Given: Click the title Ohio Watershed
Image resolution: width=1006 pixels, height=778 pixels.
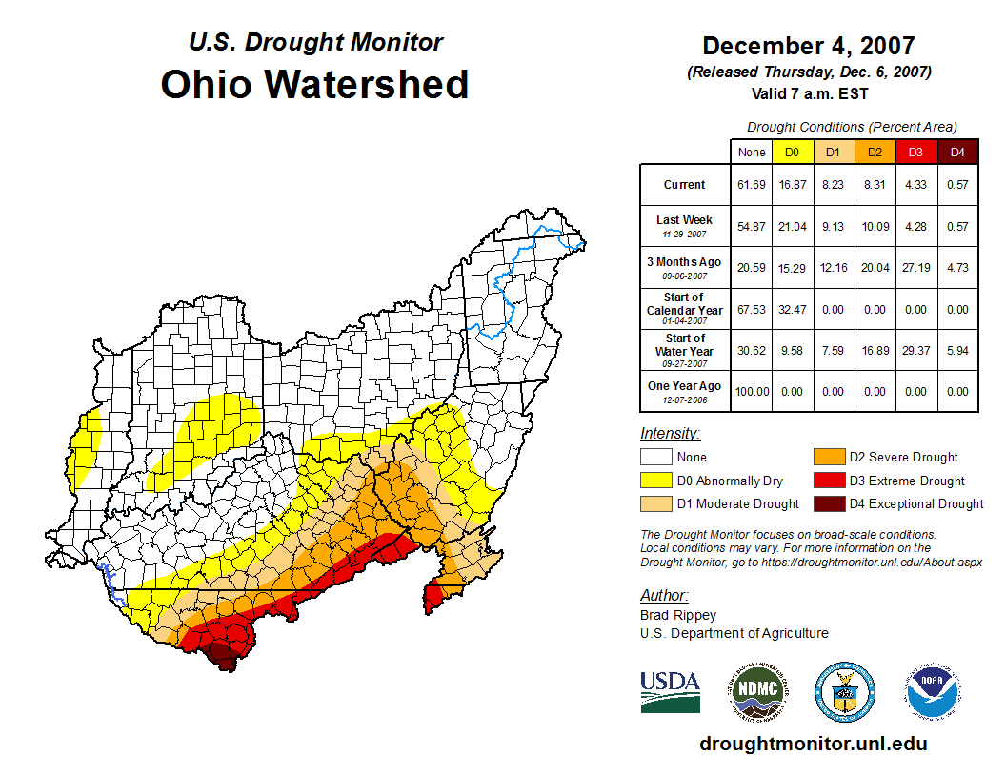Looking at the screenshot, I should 314,84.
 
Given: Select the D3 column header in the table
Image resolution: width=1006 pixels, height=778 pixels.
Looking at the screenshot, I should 915,152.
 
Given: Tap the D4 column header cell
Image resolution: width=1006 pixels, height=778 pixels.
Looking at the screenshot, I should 957,152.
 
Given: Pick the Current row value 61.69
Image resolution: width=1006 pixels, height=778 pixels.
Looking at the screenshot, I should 752,185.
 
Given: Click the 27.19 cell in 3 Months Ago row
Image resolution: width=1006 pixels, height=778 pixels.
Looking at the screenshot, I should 915,268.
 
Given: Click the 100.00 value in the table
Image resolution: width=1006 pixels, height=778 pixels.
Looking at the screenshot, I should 752,391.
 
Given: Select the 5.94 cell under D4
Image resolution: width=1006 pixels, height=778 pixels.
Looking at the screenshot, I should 957,350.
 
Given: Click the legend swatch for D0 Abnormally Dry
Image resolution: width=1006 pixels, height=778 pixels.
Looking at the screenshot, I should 655,481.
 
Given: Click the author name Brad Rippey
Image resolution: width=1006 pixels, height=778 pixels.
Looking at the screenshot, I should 678,615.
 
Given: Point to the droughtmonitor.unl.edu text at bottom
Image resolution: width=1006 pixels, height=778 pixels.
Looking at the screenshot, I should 813,744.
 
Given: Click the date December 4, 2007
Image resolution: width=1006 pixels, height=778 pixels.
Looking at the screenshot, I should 808,46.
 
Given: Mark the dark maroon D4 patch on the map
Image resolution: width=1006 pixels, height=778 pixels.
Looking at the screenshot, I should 222,654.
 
